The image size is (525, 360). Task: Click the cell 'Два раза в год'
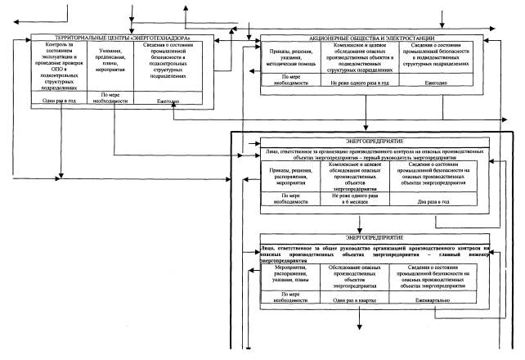click(440, 200)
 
